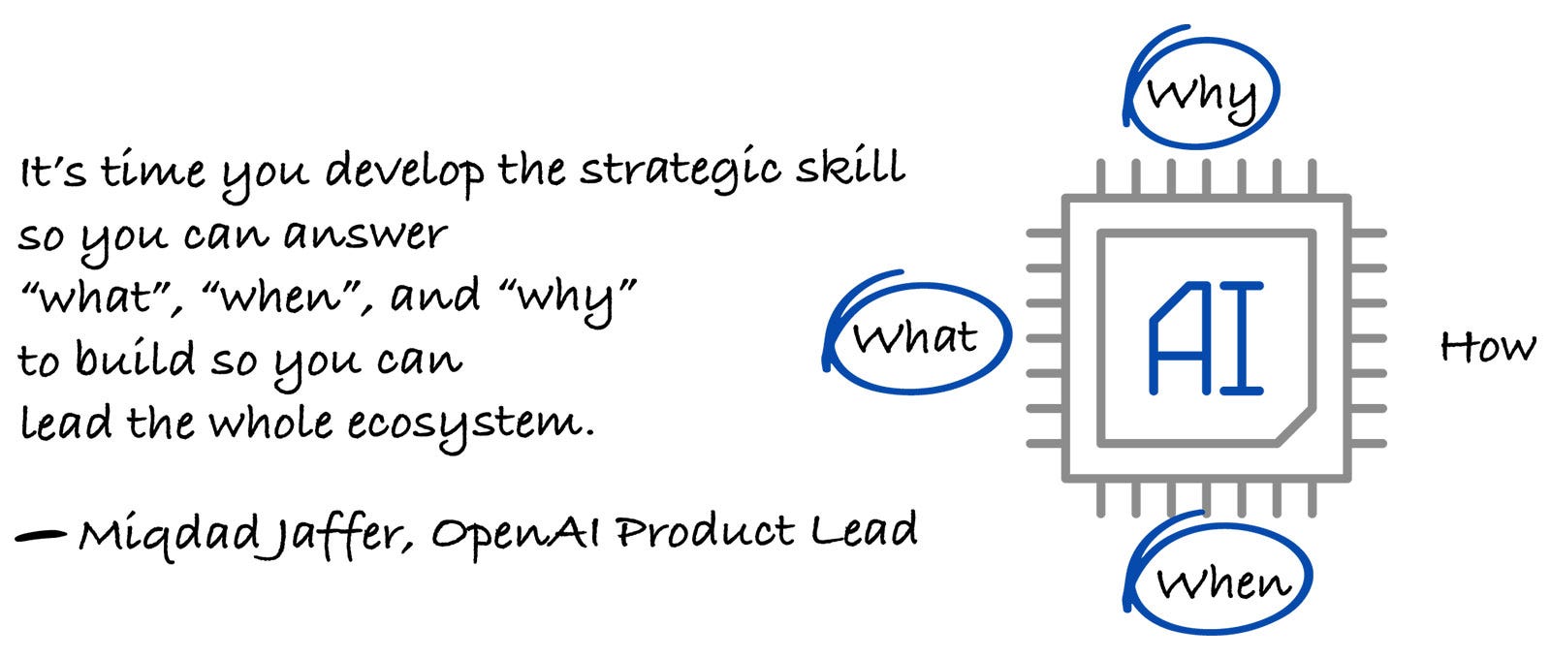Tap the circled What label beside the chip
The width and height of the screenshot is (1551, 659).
point(915,337)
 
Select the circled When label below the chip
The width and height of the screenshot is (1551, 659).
point(1223,581)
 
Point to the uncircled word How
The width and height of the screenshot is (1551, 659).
point(1487,347)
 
